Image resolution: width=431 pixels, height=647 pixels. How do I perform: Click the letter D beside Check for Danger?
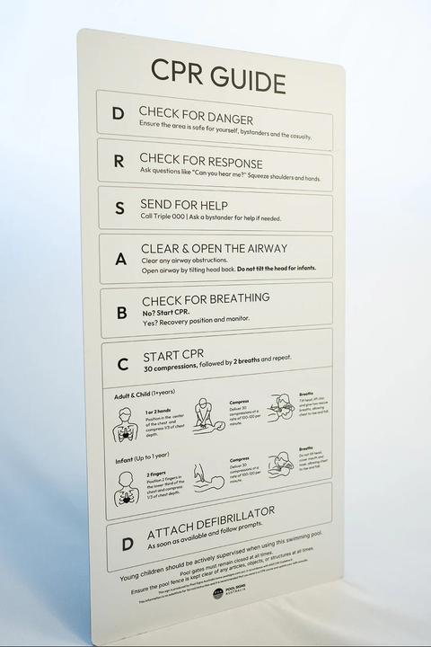click(118, 114)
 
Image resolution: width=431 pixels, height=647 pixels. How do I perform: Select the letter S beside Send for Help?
click(119, 208)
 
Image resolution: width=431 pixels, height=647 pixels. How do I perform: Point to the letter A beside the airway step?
click(120, 258)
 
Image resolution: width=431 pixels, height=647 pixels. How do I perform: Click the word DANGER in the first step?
click(223, 119)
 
